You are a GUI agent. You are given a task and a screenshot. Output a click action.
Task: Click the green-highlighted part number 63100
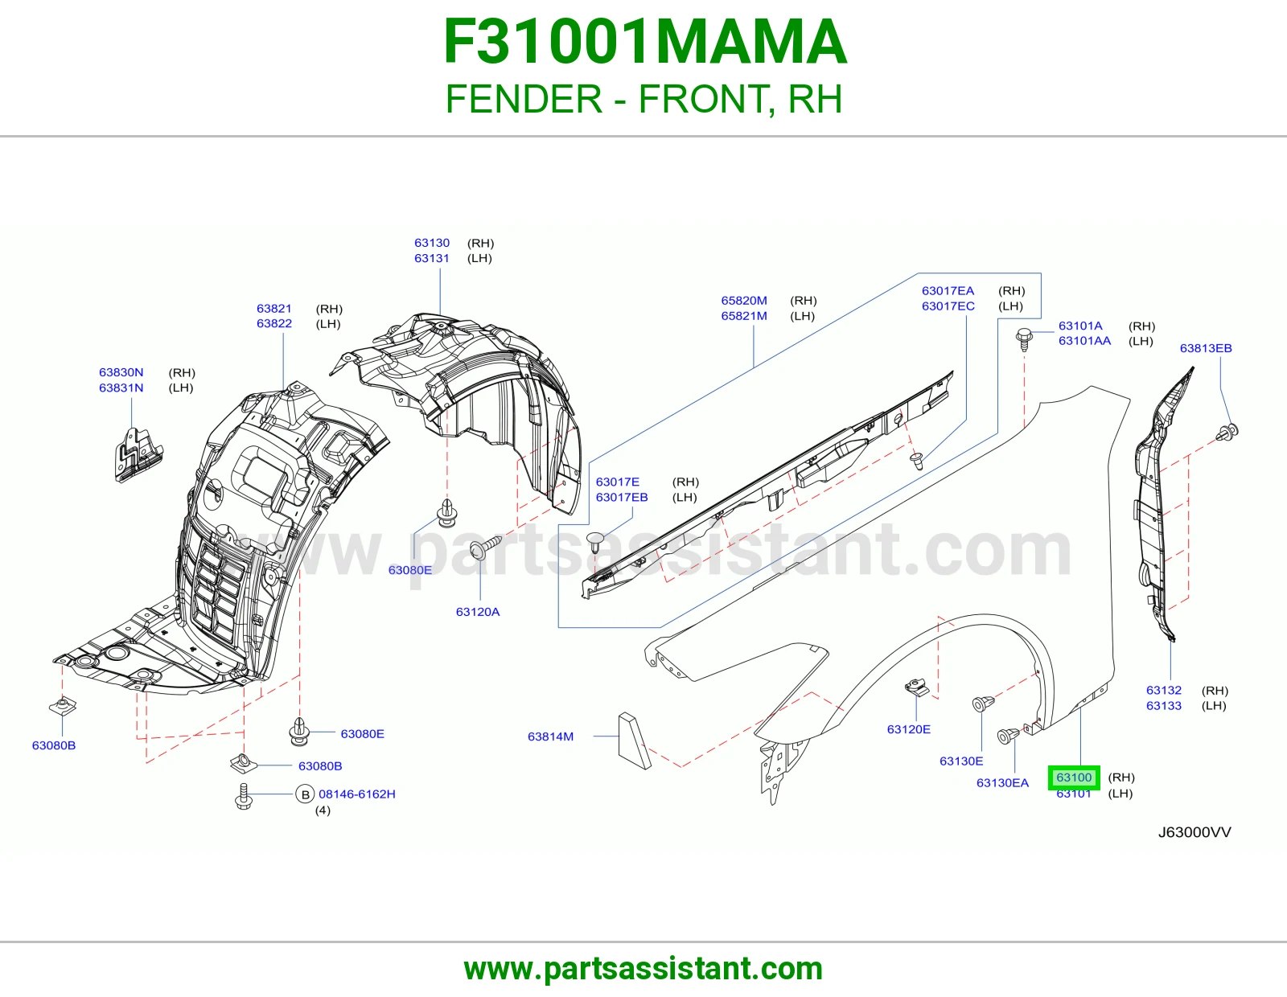[x=1074, y=777]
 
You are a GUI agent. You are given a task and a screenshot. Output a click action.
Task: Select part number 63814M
[x=550, y=736]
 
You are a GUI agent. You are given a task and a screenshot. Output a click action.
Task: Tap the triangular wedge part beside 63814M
[x=634, y=741]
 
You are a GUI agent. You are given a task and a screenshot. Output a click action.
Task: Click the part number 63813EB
[x=1206, y=348]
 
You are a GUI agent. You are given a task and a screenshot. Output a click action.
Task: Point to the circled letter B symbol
[x=305, y=794]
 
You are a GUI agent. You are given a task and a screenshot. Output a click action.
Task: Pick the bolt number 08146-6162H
[x=357, y=794]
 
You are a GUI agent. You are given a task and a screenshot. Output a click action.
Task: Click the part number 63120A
[x=477, y=612]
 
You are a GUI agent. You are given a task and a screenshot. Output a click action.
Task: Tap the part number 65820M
[x=744, y=300]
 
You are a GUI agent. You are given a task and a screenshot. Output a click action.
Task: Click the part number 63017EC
[x=948, y=306]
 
